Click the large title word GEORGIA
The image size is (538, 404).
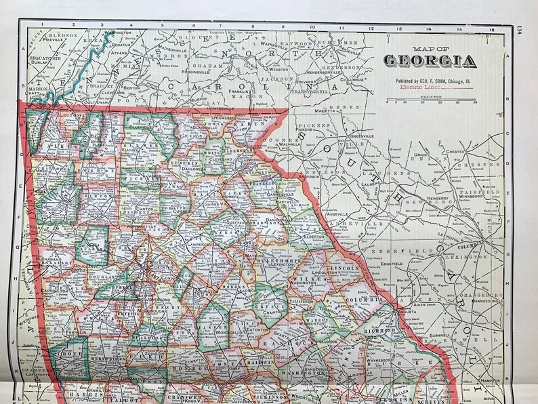click(x=430, y=61)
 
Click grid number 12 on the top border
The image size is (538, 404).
click(x=371, y=28)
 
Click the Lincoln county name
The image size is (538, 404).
click(x=344, y=268)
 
